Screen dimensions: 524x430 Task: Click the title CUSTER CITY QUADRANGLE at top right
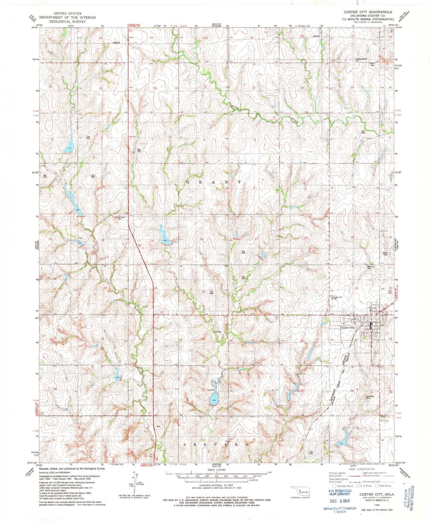click(x=368, y=12)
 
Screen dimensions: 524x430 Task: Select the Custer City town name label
click(x=347, y=328)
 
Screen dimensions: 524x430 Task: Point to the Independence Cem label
click(x=361, y=60)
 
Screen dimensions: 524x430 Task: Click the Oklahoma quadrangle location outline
click(x=300, y=491)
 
